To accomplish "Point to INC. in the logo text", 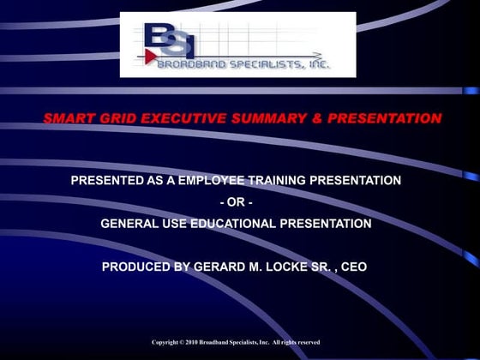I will pyautogui.click(x=315, y=62).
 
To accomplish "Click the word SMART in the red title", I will pyautogui.click(x=68, y=118).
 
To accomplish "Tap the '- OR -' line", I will pyautogui.click(x=236, y=202).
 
